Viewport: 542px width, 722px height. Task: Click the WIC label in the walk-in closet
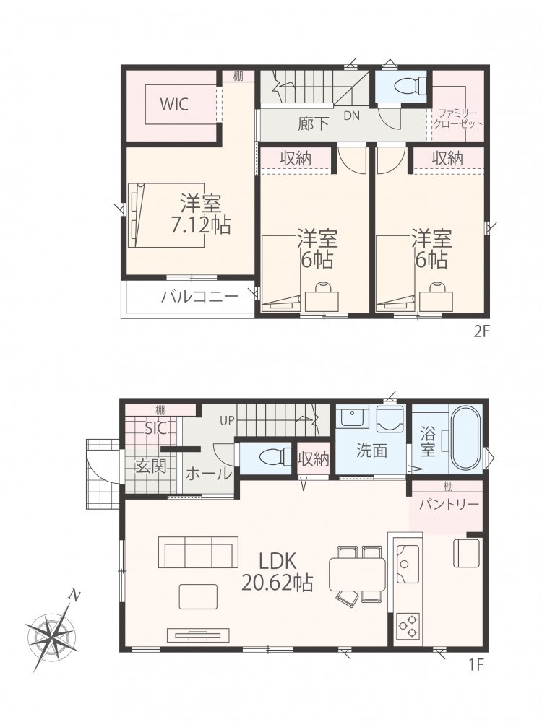coord(173,104)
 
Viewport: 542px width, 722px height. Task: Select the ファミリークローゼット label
coord(457,118)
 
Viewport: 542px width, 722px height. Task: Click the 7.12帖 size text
coord(200,225)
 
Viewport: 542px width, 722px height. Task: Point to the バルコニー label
coord(199,296)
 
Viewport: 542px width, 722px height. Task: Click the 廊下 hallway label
coord(314,123)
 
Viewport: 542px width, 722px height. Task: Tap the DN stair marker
coord(351,116)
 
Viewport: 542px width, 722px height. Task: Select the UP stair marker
coord(228,420)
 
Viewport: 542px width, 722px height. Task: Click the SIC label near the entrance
coord(155,428)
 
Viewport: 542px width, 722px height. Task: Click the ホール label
coord(208,474)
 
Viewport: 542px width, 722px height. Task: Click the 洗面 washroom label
coord(371,451)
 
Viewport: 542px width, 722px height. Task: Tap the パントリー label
coord(449,505)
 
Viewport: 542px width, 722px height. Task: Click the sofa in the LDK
coord(198,552)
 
